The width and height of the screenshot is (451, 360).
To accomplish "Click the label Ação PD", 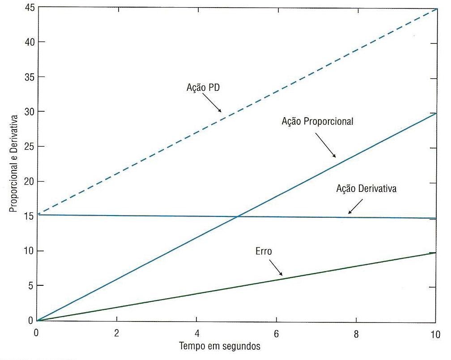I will tap(203, 88).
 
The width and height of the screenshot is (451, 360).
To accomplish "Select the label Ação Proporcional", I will tap(318, 121).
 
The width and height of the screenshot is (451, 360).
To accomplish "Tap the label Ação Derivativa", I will tap(366, 189).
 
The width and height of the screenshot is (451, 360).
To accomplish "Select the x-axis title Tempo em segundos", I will tap(220, 346).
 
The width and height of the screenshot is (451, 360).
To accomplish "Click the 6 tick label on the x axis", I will tap(277, 333).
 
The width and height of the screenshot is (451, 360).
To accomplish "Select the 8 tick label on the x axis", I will tap(356, 333).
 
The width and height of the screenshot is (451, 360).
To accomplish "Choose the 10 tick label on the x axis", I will tap(435, 333).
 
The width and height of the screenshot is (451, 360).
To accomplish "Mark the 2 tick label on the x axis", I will tap(117, 333).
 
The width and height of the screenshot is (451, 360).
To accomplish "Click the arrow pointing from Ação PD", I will tap(213, 105).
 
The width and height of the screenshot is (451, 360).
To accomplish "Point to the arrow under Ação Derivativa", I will tap(356, 206).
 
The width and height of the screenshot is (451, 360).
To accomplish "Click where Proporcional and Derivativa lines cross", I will tap(237, 217).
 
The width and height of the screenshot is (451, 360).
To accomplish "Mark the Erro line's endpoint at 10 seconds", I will tap(435, 253).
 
